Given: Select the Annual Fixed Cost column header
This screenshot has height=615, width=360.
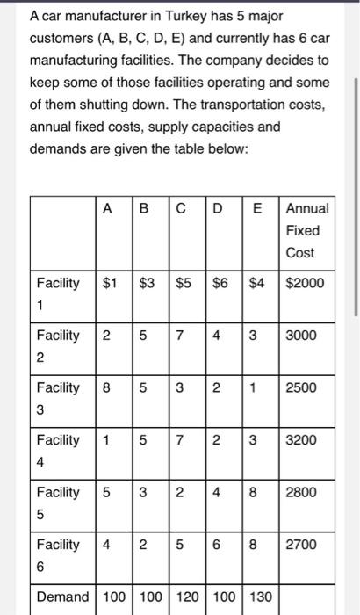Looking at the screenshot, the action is tap(306, 230).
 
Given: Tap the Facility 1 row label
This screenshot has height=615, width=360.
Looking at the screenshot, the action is tap(57, 292).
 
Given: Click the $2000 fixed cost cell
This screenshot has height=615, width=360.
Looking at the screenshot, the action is tap(305, 283).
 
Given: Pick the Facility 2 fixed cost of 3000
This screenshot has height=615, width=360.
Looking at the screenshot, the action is tap(301, 335).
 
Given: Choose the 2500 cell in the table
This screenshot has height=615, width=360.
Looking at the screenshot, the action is tap(301, 387).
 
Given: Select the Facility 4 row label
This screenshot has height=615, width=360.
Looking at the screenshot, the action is tap(57, 448).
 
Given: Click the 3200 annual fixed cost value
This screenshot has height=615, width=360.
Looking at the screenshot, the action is tap(301, 439).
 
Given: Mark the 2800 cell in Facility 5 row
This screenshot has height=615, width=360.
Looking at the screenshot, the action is tap(301, 491).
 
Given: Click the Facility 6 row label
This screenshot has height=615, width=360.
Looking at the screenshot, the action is tap(57, 553).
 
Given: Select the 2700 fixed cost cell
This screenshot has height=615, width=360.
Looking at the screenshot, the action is tap(301, 544).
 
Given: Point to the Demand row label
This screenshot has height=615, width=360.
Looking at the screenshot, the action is tap(63, 597).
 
